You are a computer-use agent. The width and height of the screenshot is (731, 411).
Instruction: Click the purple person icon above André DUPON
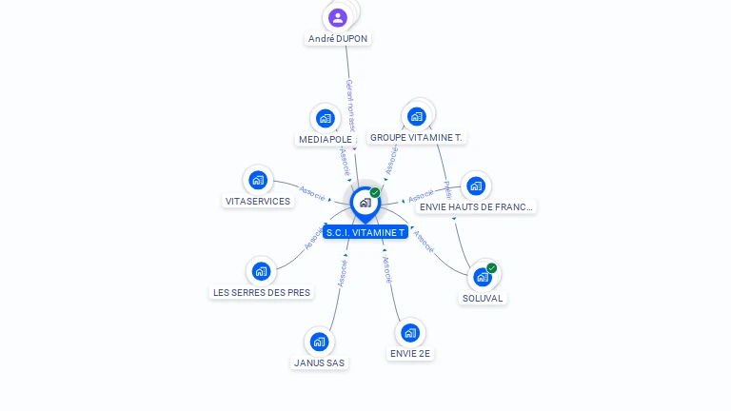338,17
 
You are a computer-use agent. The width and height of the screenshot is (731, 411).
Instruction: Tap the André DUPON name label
338,39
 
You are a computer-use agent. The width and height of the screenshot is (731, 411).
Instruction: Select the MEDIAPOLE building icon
326,118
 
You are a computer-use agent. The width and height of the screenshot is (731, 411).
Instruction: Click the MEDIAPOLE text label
326,139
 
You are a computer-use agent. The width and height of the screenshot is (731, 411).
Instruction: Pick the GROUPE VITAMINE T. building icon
416,116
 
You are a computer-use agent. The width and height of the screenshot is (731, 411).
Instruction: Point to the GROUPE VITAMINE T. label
416,137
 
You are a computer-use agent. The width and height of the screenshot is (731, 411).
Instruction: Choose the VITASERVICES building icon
258,180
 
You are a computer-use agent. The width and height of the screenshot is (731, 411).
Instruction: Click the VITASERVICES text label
258,201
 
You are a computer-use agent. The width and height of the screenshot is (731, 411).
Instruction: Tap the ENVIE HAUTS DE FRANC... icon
476,186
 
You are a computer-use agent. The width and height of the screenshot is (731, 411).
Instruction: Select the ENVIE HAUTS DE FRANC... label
477,206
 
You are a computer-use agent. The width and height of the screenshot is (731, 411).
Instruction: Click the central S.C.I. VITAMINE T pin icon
365,203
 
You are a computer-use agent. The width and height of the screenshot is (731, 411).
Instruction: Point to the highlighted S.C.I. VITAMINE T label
365,232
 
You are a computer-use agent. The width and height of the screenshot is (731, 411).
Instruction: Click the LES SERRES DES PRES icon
262,271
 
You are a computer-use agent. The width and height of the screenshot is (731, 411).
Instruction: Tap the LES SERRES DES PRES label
262,292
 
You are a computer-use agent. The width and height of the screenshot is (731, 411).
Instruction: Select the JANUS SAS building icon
320,342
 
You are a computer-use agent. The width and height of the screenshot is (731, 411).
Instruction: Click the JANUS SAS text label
320,362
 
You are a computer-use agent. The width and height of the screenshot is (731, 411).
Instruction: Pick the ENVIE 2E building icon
410,332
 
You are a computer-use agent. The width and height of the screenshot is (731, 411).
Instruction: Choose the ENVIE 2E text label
410,353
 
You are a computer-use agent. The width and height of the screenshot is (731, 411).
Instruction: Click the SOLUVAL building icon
483,277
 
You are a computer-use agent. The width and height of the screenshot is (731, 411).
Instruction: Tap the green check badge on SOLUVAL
491,268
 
